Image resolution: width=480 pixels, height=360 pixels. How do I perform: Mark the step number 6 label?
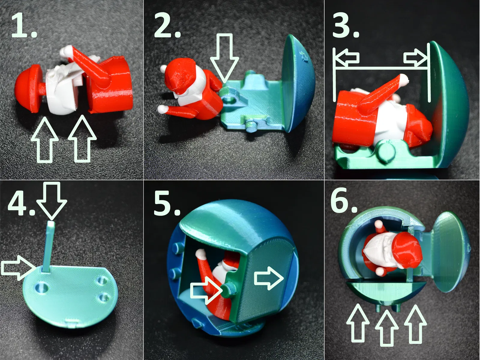(344, 200)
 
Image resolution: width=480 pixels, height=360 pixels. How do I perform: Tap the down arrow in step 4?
(51, 200)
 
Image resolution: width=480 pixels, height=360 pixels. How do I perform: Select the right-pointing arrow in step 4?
(19, 268)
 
